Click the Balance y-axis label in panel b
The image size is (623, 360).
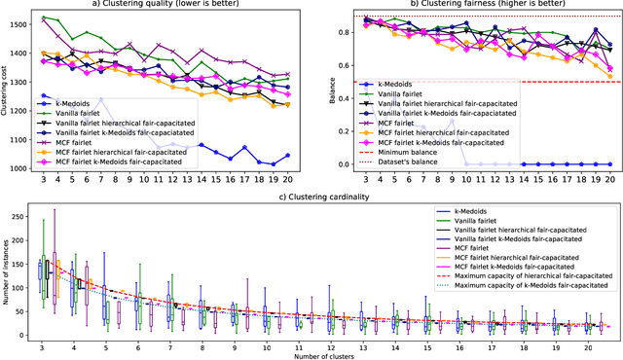point(327,90)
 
